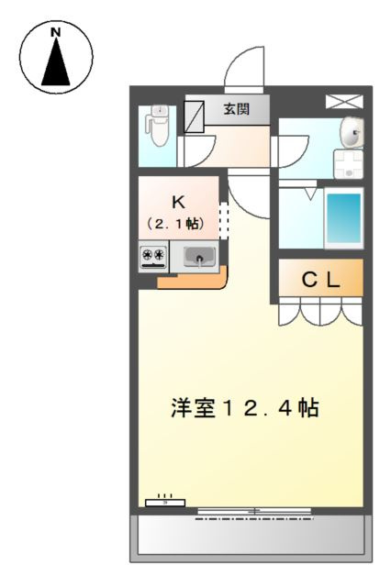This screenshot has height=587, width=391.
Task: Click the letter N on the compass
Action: pos(56,33)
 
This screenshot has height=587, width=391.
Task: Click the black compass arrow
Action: pos(56,61)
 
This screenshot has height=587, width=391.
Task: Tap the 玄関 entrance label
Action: pos(237,109)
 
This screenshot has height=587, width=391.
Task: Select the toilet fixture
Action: pos(160,125)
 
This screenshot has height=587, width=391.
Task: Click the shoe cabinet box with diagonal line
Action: pos(194,116)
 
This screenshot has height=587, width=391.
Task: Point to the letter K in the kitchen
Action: pos(178,202)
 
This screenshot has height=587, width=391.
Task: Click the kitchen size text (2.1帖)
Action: pos(175,224)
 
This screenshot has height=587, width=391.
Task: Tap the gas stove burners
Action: pos(153,257)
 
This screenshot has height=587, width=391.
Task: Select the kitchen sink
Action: pos(199,257)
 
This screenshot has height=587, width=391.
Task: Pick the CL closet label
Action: pos(320,279)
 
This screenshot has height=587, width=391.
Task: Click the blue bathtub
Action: pos(343,218)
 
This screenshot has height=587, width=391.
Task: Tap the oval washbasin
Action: pos(352,132)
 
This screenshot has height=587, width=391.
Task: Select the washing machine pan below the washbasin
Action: pos(348,164)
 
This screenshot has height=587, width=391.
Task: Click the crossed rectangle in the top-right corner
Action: pos(344,102)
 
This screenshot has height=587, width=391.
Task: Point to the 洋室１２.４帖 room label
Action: pos(244,408)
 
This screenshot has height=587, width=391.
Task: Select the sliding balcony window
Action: pos(254,511)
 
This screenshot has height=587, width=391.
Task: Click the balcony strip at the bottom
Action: pos(251,538)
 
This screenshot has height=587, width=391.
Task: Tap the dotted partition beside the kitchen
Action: pos(224,221)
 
